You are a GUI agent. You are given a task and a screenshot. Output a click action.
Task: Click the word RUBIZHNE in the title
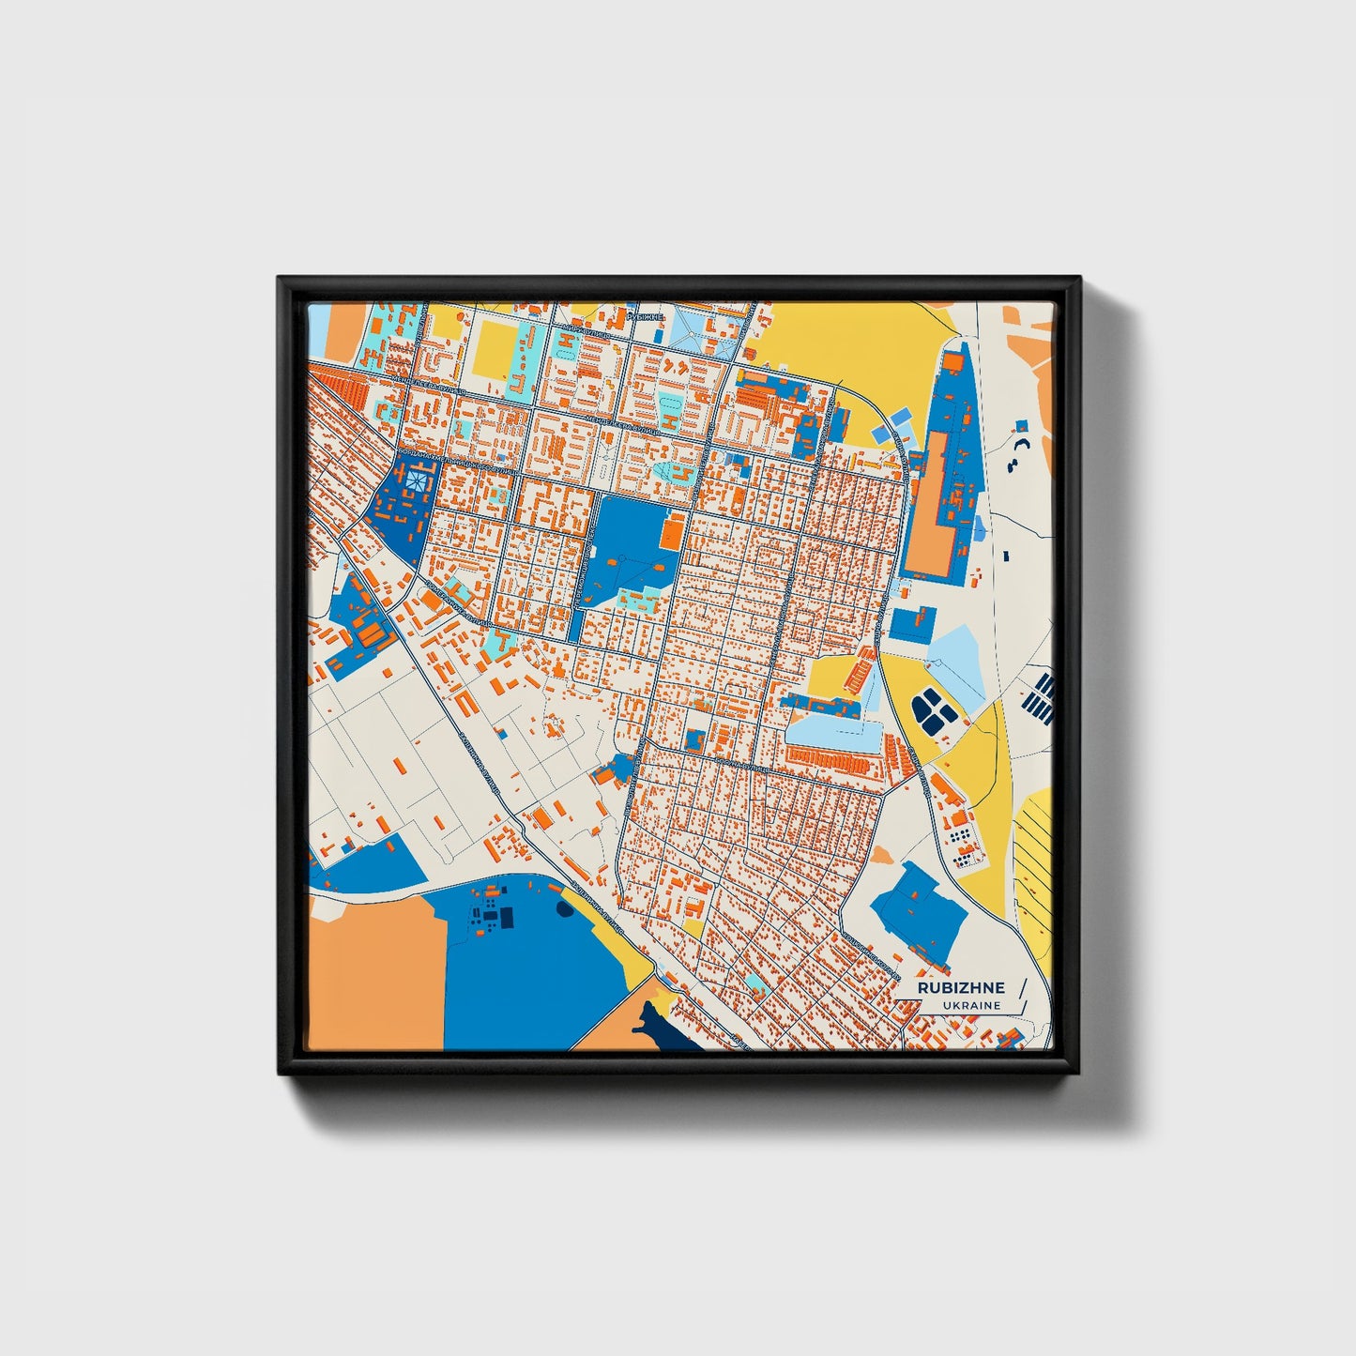click(961, 987)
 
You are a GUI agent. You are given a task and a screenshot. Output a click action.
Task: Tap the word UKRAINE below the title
click(973, 1005)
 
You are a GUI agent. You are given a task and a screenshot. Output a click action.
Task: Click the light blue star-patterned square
click(414, 480)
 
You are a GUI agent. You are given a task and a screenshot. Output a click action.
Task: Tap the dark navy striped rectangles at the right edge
click(1041, 696)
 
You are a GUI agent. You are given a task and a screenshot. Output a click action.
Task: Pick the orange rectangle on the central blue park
click(672, 533)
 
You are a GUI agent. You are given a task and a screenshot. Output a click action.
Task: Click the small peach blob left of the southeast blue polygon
click(882, 856)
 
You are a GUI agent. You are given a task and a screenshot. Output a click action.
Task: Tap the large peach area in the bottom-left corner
click(375, 976)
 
